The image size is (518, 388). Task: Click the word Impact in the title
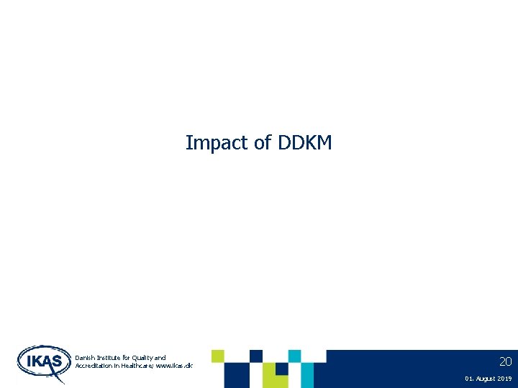[209, 143]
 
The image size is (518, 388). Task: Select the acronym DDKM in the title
[303, 143]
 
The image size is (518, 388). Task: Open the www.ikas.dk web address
[177, 366]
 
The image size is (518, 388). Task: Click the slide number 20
[505, 361]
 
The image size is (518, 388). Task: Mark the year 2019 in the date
[504, 378]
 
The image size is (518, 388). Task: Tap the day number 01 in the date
[469, 378]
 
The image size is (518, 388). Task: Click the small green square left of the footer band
[217, 356]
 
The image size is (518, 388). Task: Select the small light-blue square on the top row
[294, 356]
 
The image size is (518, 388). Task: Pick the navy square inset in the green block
[281, 369]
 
